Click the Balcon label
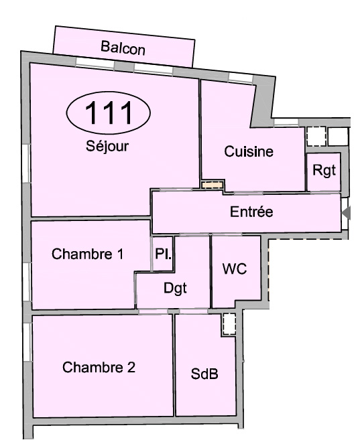123,48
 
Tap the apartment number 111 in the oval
109,113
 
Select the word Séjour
107,146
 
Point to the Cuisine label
249,151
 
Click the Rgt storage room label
324,170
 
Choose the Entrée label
251,212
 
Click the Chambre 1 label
87,254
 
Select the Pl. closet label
163,254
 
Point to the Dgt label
175,289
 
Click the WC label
235,269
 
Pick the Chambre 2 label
99,367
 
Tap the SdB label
204,374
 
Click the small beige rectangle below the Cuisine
213,185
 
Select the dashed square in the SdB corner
229,324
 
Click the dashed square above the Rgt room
316,137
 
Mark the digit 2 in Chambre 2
131,367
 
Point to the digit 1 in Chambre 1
120,254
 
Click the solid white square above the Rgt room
338,137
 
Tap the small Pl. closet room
163,254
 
